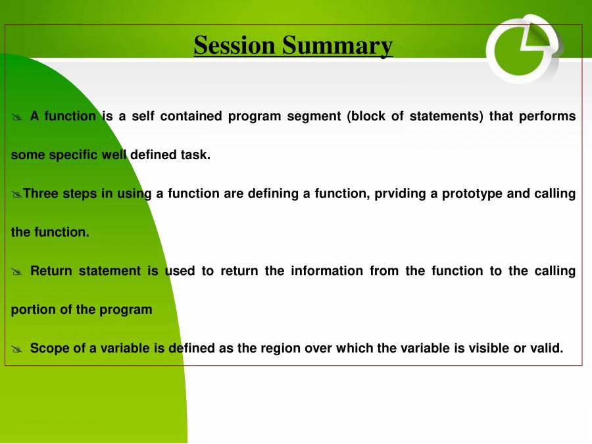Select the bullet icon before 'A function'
(17, 117)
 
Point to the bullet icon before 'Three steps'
(16, 194)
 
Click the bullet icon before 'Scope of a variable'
(17, 349)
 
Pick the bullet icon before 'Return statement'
(17, 272)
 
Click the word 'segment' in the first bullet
(314, 116)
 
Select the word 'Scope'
(49, 349)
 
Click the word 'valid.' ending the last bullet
(547, 349)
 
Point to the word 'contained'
(190, 116)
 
